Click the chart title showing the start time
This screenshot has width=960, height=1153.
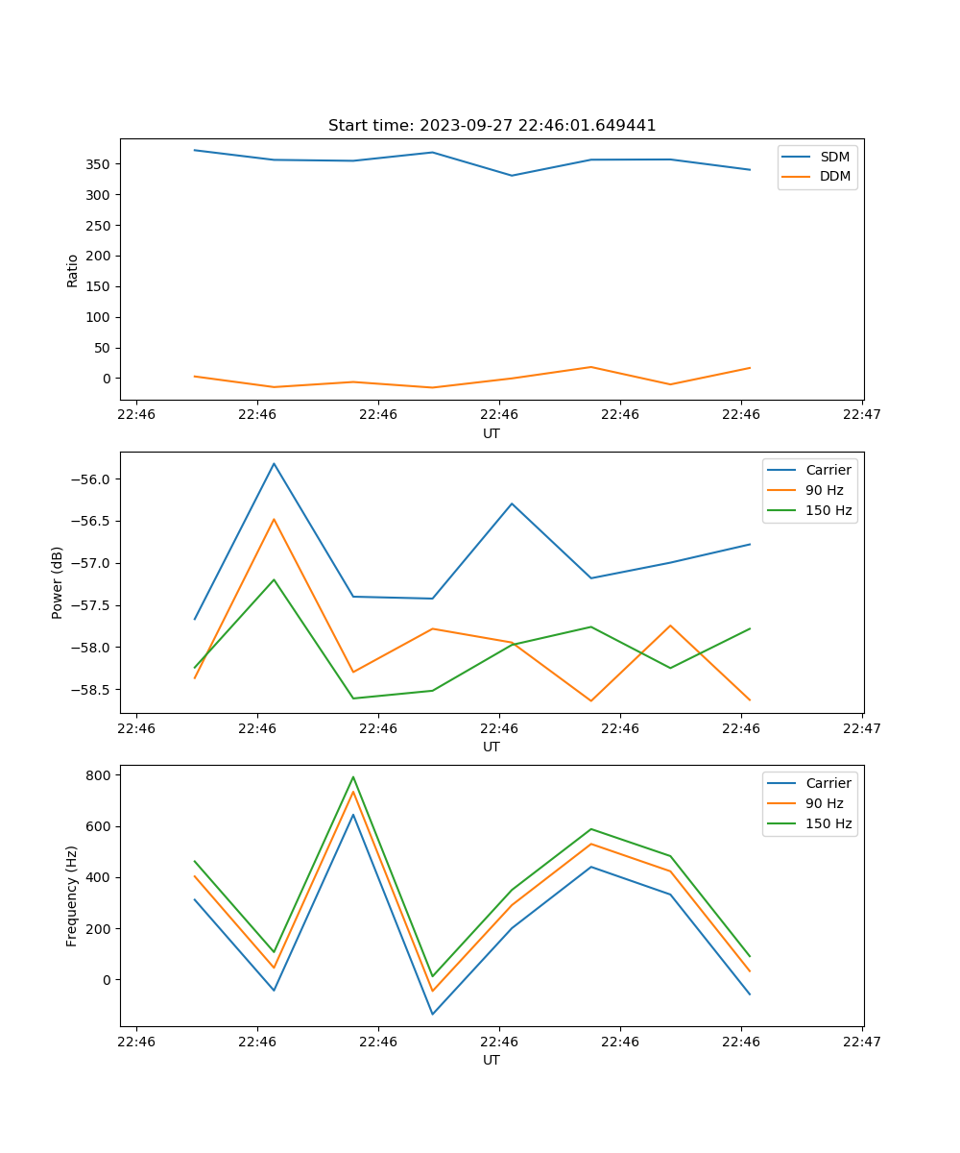(492, 126)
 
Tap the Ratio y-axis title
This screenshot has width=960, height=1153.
(73, 271)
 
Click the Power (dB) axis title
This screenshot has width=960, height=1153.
(58, 582)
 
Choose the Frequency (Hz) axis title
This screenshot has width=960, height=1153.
(72, 896)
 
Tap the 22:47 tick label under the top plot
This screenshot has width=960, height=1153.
(862, 415)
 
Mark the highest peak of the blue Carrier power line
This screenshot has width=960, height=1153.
(274, 463)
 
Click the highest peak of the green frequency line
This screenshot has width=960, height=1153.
(353, 776)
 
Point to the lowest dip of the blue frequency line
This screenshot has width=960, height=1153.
(432, 1014)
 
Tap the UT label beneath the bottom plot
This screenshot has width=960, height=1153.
(492, 1060)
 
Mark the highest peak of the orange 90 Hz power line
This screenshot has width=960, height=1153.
(274, 519)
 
